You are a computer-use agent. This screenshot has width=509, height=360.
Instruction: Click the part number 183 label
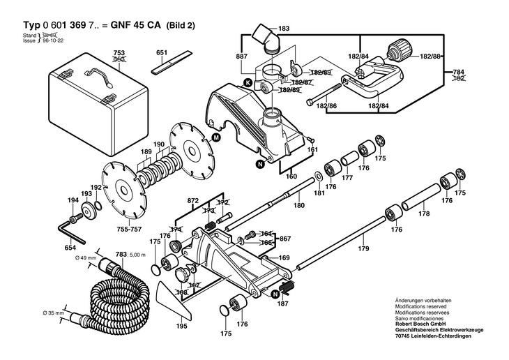(284, 28)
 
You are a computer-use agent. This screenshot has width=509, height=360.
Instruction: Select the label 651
(162, 52)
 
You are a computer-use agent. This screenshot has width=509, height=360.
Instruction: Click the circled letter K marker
(248, 84)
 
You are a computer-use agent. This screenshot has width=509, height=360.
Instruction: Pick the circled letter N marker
(260, 164)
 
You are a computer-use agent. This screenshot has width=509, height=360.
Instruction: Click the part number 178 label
(423, 214)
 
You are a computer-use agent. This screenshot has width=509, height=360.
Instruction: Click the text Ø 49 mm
(84, 258)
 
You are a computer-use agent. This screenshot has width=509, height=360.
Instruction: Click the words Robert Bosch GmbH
(421, 324)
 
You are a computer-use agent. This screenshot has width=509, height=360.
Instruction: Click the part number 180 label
(299, 205)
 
